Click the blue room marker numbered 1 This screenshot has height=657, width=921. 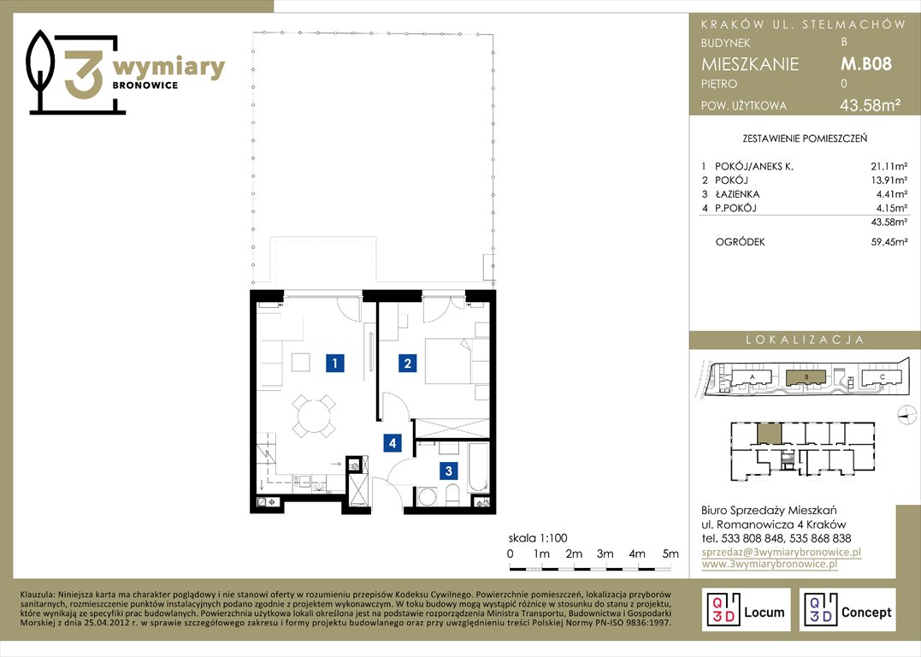335,364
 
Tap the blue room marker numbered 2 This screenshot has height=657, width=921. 408,364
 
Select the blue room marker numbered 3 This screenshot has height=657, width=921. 449,471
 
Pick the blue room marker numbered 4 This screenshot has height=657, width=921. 393,442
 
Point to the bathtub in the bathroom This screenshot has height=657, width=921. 479,468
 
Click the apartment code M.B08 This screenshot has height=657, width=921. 866,63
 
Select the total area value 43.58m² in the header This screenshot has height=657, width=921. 871,105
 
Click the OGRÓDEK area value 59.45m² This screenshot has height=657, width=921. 889,241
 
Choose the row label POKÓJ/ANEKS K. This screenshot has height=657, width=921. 753,166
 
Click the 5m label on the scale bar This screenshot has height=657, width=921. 670,553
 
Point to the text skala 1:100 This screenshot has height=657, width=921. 538,538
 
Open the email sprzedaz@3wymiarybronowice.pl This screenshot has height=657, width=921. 782,552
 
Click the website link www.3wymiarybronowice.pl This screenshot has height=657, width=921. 770,564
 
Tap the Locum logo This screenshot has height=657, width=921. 746,610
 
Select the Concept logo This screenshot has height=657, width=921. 847,610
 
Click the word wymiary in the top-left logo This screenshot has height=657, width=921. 168,68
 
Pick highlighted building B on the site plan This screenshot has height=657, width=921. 806,377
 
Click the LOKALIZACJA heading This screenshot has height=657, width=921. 805,340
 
